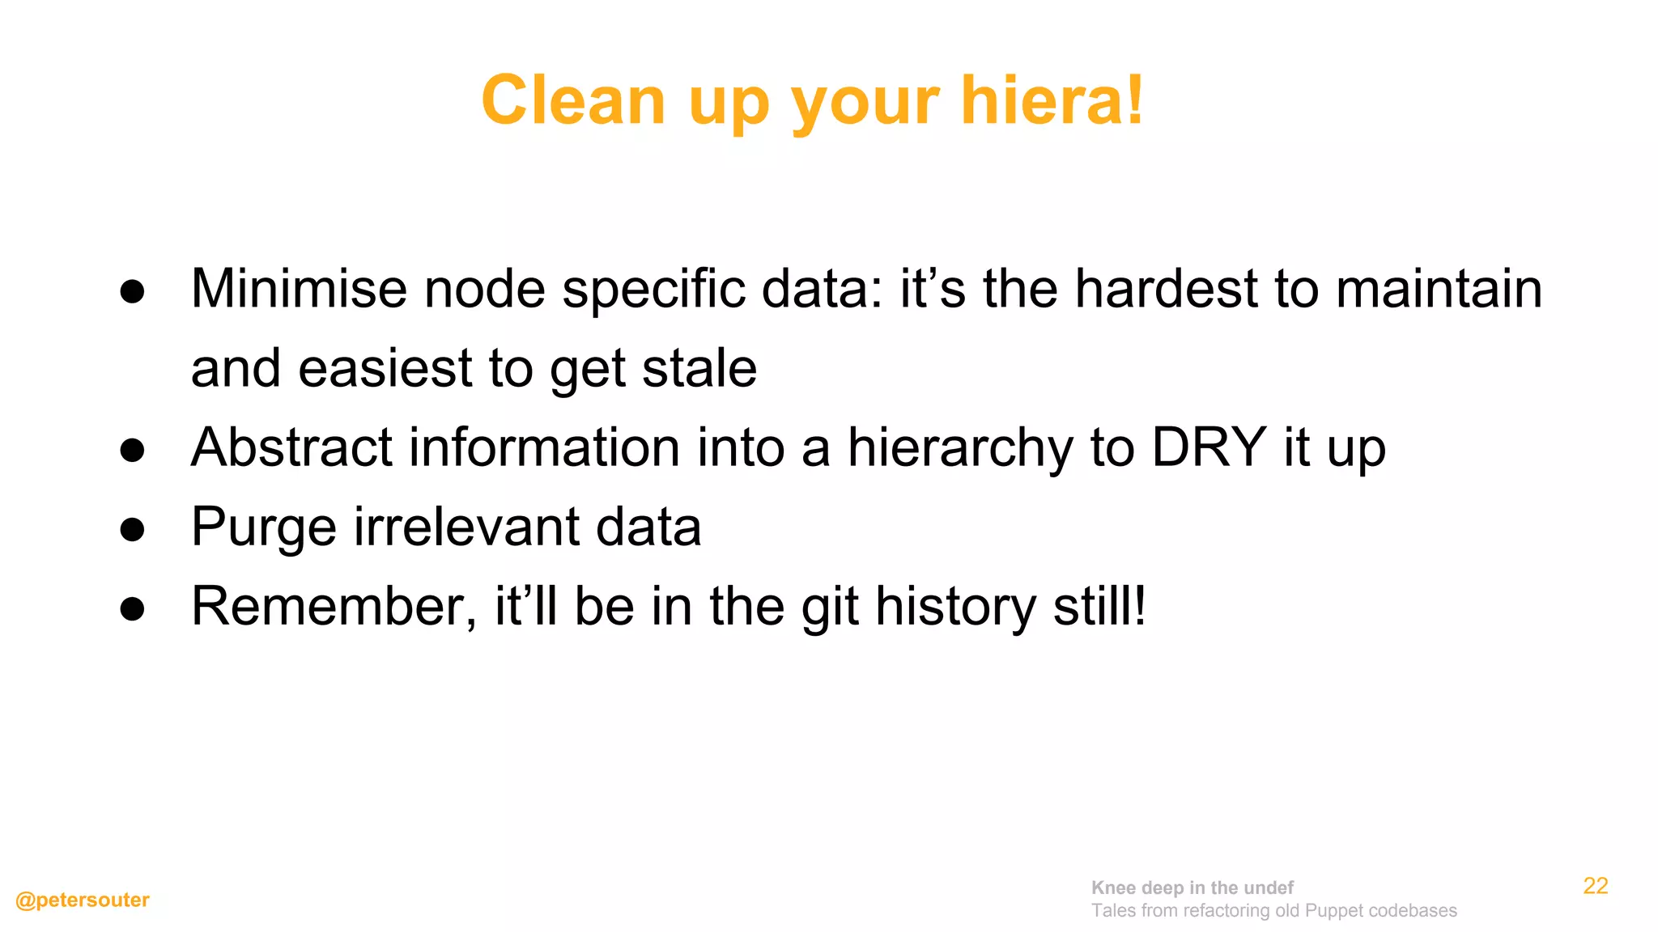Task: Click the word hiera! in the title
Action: (1052, 101)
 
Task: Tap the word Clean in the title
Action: (573, 101)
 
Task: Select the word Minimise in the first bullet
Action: (299, 289)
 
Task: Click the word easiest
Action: (385, 368)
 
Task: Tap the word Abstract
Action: (291, 447)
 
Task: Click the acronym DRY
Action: (1209, 447)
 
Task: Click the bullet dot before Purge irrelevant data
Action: (132, 530)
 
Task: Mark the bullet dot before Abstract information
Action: (132, 451)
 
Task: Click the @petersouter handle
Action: (83, 900)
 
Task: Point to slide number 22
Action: (1595, 886)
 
